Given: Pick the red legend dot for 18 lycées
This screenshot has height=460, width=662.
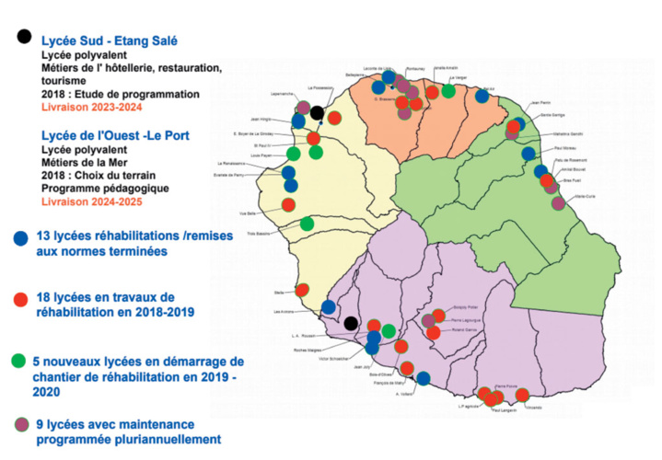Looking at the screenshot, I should point(21,299).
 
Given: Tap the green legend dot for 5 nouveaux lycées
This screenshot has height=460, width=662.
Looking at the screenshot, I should point(21,361).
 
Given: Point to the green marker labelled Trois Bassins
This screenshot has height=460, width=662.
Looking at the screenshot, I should point(306,224).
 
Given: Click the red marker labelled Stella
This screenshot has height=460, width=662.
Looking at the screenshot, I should point(303,290).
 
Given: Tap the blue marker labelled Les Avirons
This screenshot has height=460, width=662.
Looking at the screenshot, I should point(329,307).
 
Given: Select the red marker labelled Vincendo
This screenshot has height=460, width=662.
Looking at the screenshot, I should point(522,395).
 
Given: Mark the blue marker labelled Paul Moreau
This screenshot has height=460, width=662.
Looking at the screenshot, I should point(528,154).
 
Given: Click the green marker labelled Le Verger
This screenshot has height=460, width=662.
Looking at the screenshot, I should point(448,90).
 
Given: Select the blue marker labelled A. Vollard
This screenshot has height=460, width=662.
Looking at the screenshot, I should point(423,377).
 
